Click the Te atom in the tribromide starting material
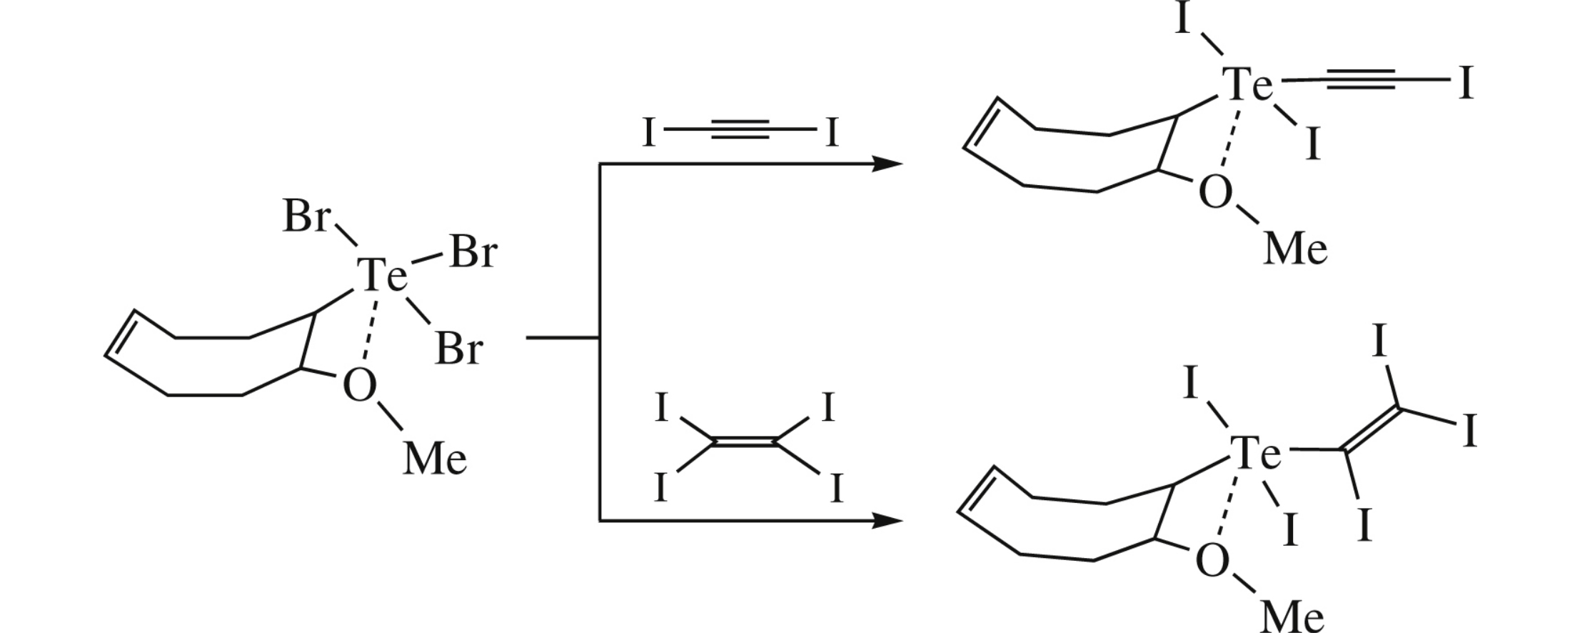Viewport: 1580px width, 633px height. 382,275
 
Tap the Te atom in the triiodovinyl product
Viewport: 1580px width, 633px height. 1254,453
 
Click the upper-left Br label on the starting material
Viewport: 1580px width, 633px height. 306,216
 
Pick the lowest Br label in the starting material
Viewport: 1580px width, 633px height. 458,349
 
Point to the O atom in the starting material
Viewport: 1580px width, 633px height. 359,386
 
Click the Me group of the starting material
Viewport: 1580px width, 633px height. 435,459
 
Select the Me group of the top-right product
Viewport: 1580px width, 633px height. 1295,249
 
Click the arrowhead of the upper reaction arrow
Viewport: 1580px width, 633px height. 888,164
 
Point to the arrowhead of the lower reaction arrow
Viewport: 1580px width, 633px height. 888,521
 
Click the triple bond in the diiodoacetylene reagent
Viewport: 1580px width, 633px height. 740,130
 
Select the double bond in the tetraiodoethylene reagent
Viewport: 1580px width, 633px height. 743,444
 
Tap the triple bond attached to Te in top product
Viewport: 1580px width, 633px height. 1360,80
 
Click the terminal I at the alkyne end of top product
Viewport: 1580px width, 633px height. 1466,84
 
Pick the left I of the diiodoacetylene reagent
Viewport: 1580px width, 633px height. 648,133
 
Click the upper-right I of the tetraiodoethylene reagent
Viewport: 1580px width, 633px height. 827,408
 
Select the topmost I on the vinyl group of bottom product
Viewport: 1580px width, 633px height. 1379,342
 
